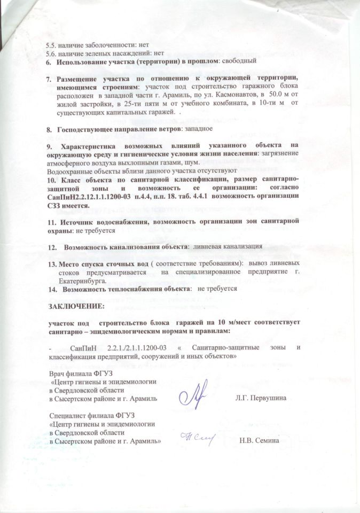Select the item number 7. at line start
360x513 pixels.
(48, 78)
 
